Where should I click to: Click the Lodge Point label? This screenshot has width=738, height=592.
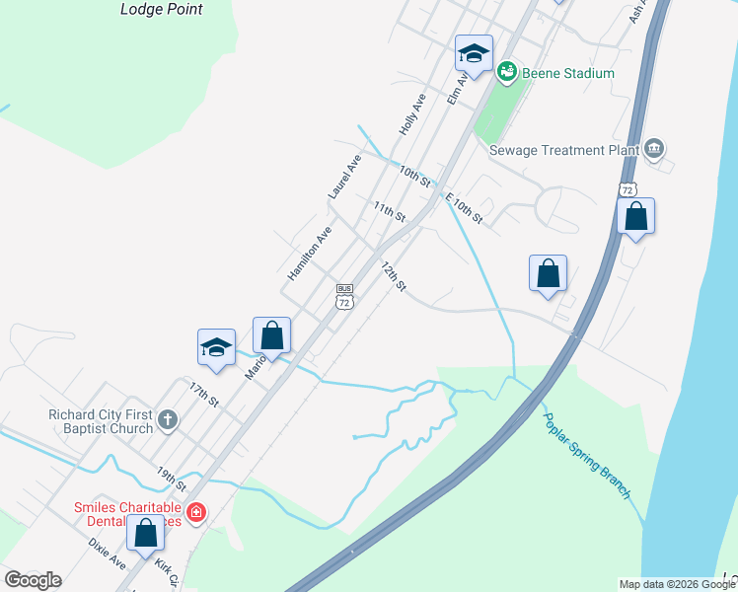pyautogui.click(x=161, y=9)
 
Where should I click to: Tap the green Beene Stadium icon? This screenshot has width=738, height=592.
pyautogui.click(x=507, y=71)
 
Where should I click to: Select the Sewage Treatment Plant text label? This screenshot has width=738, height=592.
pyautogui.click(x=559, y=150)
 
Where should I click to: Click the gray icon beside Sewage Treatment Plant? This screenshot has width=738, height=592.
pyautogui.click(x=653, y=149)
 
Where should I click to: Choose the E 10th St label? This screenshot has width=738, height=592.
pyautogui.click(x=464, y=208)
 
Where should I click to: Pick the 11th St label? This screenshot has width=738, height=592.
pyautogui.click(x=390, y=210)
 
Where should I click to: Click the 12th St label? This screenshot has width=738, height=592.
pyautogui.click(x=394, y=276)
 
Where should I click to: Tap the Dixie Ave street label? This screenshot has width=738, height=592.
pyautogui.click(x=107, y=552)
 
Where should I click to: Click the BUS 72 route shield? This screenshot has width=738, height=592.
pyautogui.click(x=343, y=296)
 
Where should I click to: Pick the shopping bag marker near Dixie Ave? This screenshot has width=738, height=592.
pyautogui.click(x=146, y=533)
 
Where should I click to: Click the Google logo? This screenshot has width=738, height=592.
pyautogui.click(x=34, y=580)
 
